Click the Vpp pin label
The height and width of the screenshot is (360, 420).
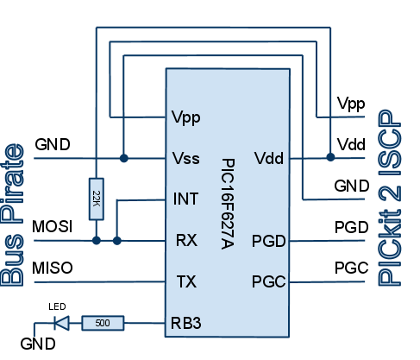(x=186, y=117)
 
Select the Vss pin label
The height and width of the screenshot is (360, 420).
(x=186, y=159)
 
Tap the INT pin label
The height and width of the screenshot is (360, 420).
(x=185, y=199)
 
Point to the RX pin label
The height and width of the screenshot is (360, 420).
(x=185, y=240)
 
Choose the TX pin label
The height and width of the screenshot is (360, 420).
(x=185, y=281)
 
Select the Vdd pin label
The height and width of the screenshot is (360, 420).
(x=269, y=159)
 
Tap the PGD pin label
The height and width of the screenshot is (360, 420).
(x=268, y=240)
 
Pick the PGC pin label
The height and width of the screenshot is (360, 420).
(x=268, y=281)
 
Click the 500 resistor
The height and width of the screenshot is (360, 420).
(x=103, y=324)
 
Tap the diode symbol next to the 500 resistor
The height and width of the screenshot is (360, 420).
(x=61, y=324)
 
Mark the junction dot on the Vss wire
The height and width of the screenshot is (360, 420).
(x=124, y=159)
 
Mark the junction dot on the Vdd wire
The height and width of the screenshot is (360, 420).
(x=330, y=158)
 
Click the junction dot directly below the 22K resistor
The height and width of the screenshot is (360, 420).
(x=96, y=240)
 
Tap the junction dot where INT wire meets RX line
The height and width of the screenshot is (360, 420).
(x=116, y=240)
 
